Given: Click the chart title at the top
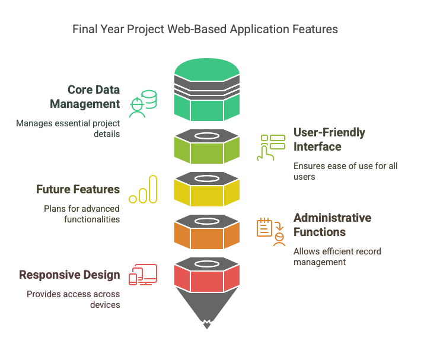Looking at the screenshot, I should point(205,28).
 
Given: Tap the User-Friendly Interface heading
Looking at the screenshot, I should point(330,139).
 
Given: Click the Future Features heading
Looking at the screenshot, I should point(78,190).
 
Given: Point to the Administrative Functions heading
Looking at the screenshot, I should point(332,225).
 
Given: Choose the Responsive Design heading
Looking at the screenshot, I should point(69,275).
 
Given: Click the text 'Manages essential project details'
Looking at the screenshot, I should point(68,129).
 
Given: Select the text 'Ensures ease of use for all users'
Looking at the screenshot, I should point(345,171).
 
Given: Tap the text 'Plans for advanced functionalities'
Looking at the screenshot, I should point(82,214).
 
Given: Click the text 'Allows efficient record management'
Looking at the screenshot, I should point(337,256).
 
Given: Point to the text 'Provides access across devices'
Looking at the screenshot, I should point(73,300).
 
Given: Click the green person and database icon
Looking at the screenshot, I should point(144,103).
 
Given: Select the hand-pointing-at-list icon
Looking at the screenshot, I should point(270,147).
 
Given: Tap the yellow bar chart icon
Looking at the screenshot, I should point(143,190).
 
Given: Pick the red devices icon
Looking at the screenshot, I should point(143,275).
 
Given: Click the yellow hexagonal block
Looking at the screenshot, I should point(206,191).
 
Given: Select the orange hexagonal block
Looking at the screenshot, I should point(206,234).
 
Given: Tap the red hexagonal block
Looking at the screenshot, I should point(206,276).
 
